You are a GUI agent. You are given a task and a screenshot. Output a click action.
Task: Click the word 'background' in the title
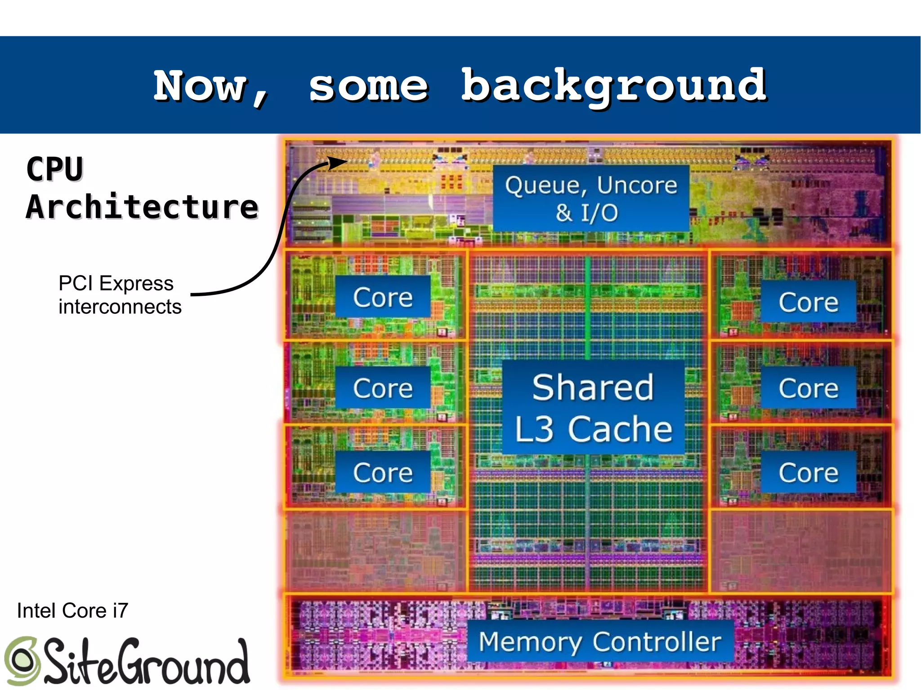(x=614, y=86)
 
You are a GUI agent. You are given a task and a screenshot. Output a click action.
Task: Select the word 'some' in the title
(x=368, y=86)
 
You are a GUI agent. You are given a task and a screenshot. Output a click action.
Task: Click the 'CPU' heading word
(x=55, y=169)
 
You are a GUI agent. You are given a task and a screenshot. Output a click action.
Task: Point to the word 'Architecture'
(x=142, y=207)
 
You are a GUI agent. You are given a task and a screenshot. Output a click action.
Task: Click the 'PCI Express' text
(x=116, y=283)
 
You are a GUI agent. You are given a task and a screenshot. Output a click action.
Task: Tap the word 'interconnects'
(x=120, y=307)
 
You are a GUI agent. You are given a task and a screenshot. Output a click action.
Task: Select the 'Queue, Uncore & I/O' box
(x=591, y=198)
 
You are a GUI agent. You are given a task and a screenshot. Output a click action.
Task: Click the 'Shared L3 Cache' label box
(x=593, y=407)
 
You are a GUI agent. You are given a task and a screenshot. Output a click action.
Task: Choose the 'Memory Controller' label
(x=600, y=641)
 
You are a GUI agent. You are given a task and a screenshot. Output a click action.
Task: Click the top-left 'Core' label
(x=383, y=297)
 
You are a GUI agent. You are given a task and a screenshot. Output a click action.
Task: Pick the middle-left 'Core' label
(x=383, y=388)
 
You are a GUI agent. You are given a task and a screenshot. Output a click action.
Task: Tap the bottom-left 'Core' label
(x=383, y=472)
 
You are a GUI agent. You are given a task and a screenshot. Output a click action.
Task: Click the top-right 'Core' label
(x=808, y=302)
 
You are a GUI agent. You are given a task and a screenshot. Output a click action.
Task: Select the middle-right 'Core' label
(x=808, y=388)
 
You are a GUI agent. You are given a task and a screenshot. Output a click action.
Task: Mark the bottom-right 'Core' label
(x=808, y=472)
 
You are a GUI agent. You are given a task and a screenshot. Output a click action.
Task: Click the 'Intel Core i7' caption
(x=72, y=610)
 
